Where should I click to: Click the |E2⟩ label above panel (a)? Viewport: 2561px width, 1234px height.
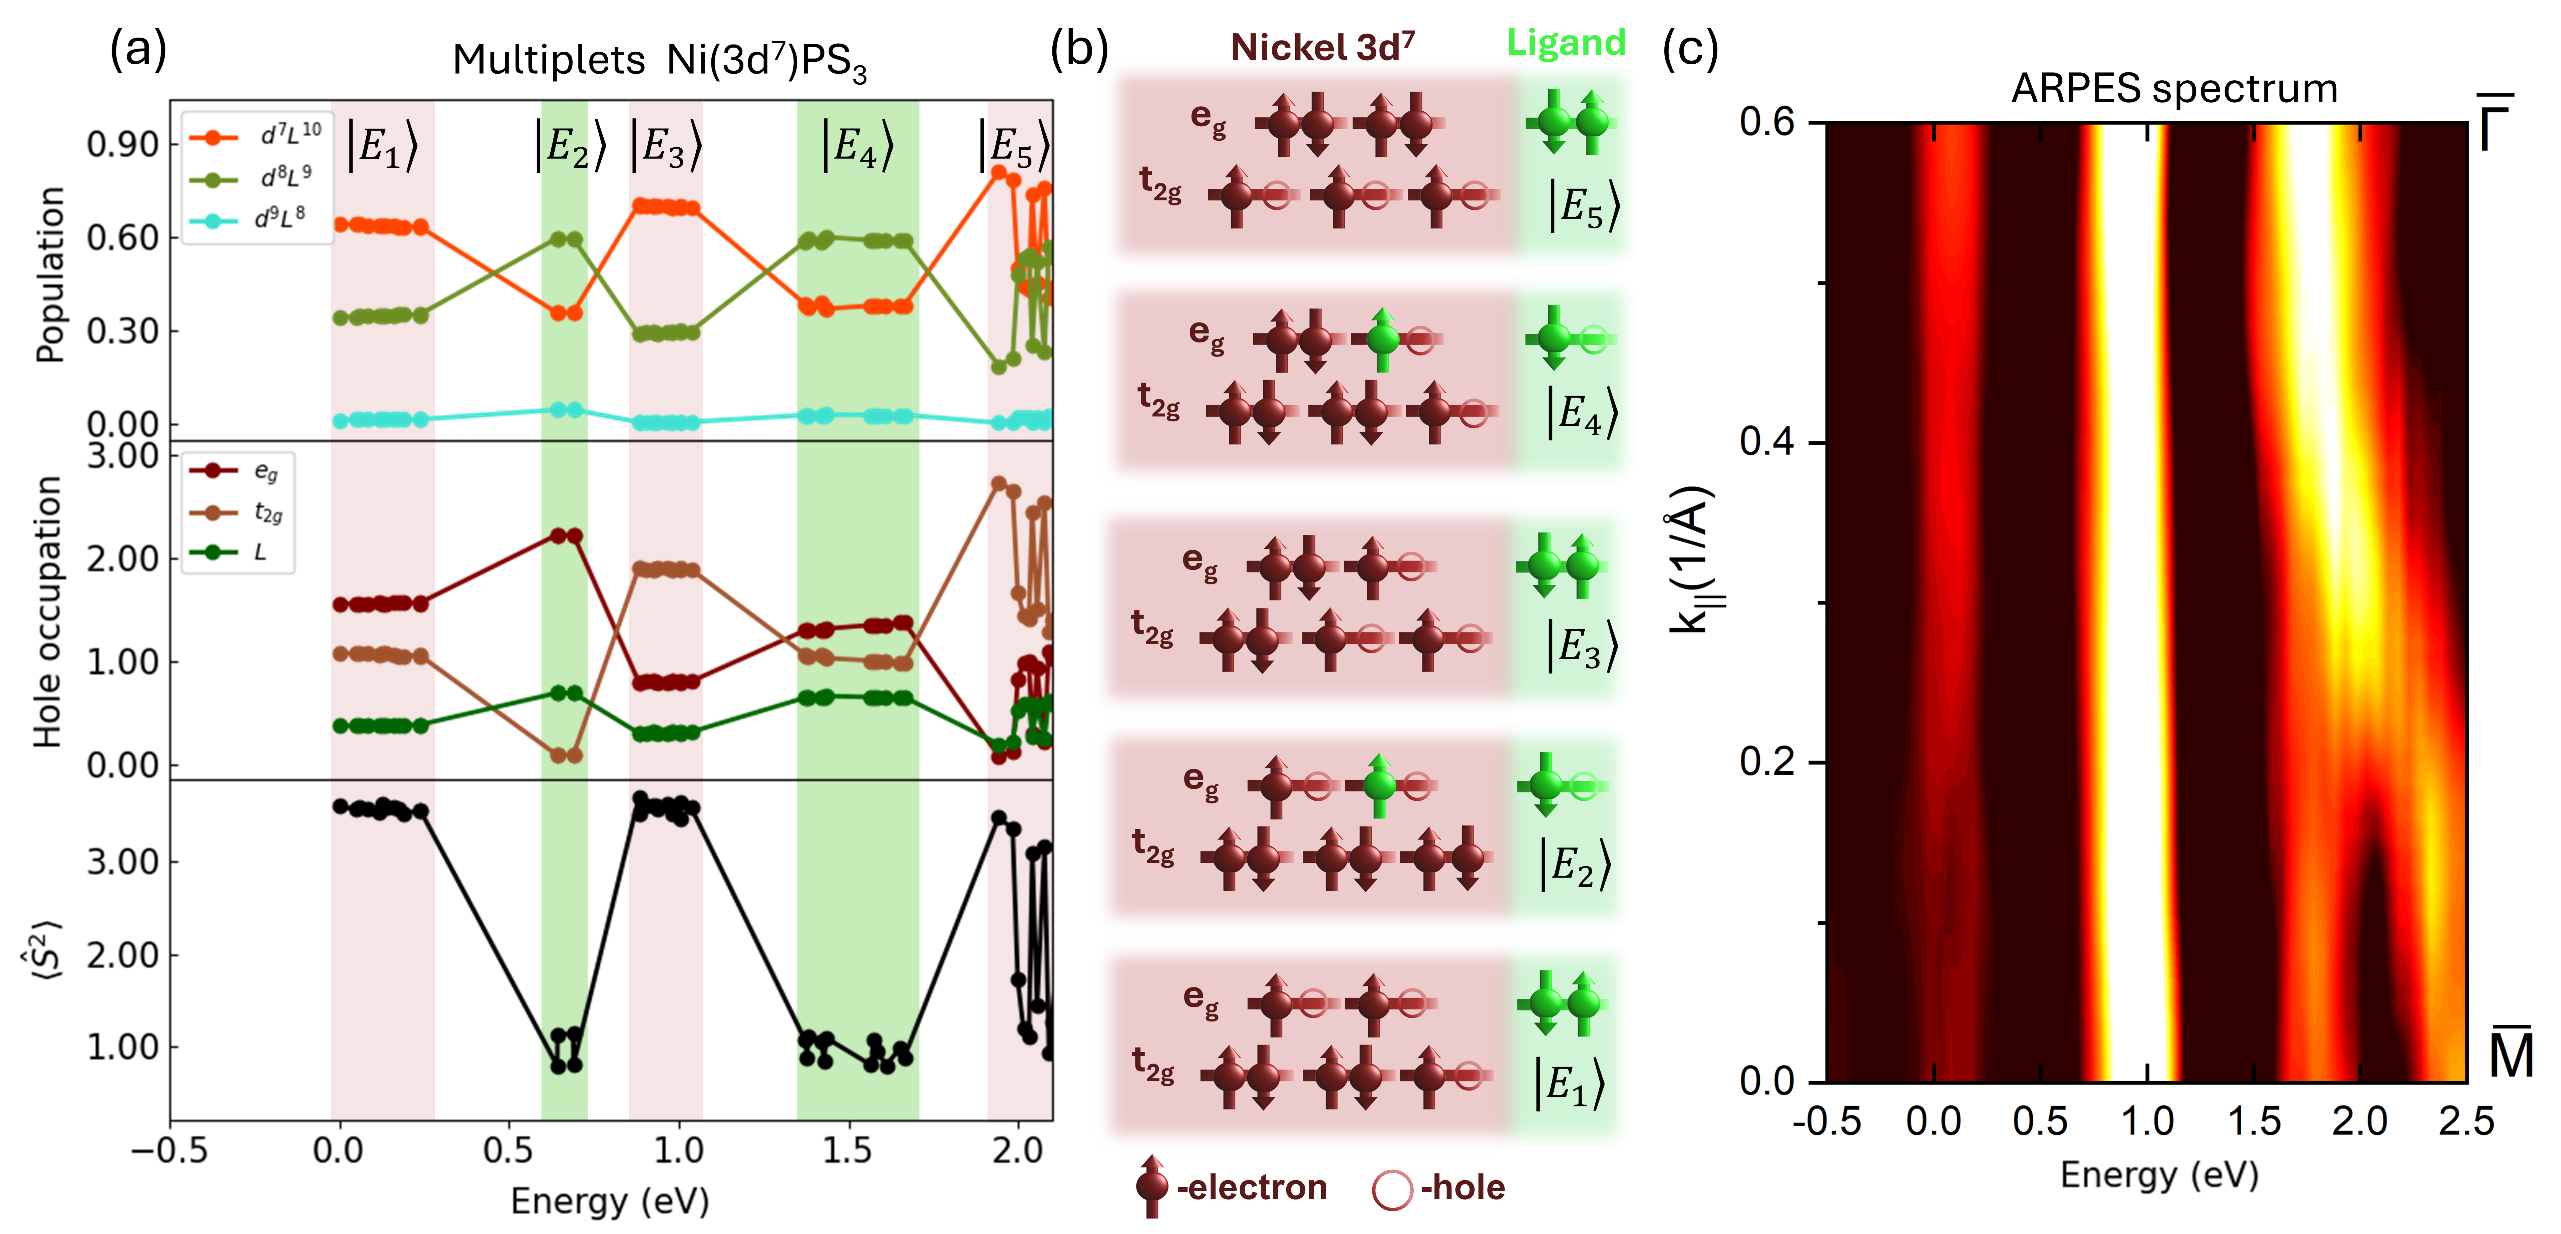click(x=570, y=146)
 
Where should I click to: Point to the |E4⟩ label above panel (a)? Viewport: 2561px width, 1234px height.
click(x=857, y=146)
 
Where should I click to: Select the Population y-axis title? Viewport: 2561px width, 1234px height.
click(x=50, y=276)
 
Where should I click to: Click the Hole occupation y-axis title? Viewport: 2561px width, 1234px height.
click(x=48, y=612)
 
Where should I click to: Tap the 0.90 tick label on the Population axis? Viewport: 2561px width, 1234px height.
click(x=122, y=145)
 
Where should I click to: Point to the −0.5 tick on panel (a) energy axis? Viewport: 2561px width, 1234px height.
click(x=170, y=1151)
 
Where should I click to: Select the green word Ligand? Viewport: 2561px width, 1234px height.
click(x=1566, y=43)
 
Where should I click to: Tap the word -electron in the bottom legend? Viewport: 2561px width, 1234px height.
click(x=1251, y=1187)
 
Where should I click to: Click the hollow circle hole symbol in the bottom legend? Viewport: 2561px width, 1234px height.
click(x=1392, y=1189)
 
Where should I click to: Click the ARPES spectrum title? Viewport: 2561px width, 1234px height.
click(x=2174, y=89)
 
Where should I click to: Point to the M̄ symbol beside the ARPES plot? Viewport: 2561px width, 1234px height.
click(x=2510, y=1054)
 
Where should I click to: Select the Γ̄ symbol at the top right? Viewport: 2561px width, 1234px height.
click(x=2496, y=124)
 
